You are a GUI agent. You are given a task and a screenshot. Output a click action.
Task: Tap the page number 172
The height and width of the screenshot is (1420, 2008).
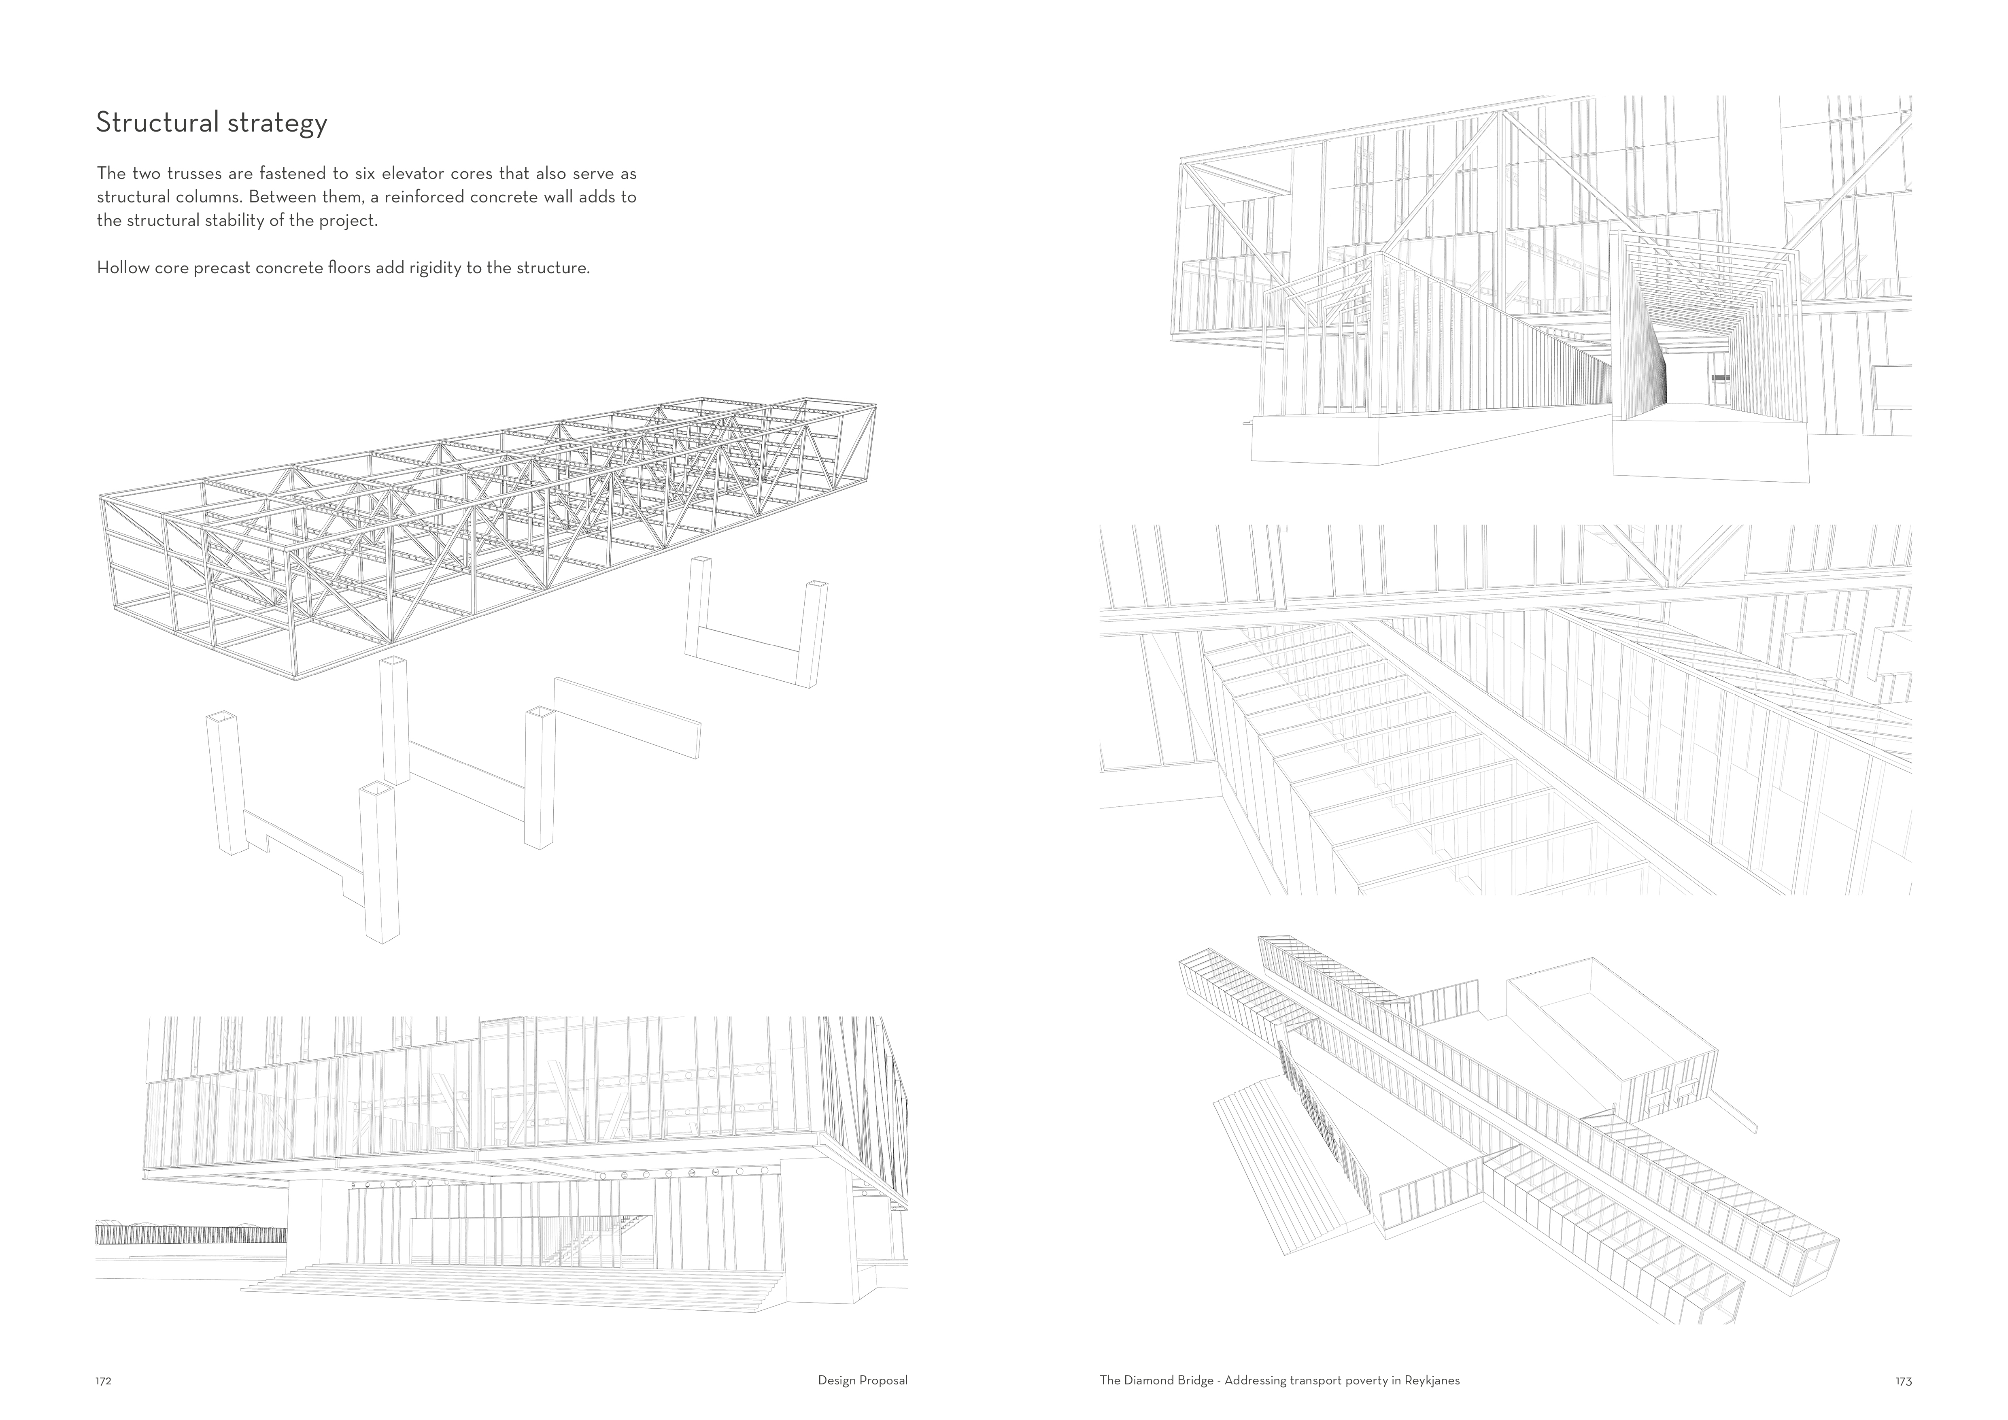pyautogui.click(x=103, y=1382)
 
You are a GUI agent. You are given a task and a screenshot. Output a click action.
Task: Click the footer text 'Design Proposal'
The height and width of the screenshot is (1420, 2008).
pyautogui.click(x=862, y=1381)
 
